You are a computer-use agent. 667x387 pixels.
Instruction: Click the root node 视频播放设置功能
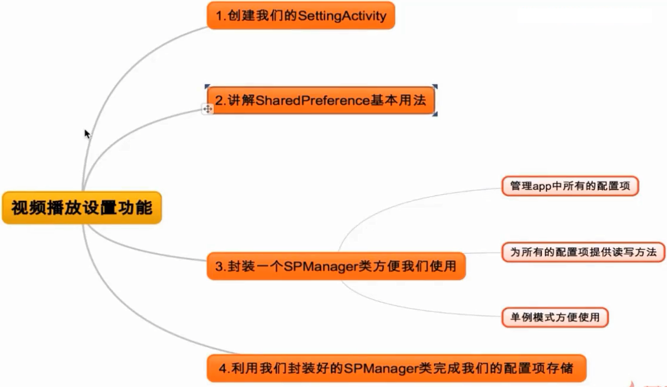(82, 207)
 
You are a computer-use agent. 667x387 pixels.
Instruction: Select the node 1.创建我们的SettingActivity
(301, 15)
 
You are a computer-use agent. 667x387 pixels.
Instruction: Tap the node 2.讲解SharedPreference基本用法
(321, 100)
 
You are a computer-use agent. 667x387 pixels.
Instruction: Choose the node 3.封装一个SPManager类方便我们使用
(336, 266)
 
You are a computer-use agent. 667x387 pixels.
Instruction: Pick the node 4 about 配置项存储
(396, 368)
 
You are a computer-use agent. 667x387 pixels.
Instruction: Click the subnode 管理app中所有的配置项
(570, 186)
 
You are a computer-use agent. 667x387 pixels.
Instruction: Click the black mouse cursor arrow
(87, 134)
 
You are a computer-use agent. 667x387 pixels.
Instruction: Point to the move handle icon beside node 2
(208, 109)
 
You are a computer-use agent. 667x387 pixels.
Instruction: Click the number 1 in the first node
(219, 16)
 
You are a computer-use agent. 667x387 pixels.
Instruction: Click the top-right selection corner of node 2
(435, 87)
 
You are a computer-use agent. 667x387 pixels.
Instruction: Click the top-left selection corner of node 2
(207, 87)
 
